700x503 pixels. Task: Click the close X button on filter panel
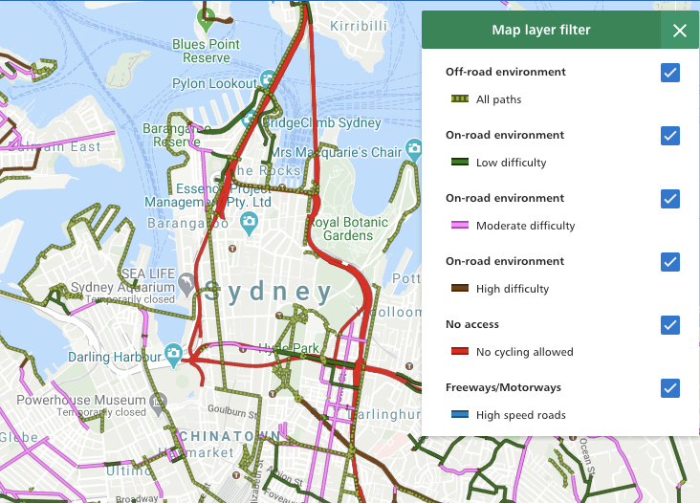[x=679, y=31]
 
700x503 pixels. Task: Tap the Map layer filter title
[x=540, y=30]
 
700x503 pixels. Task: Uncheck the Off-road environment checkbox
[x=669, y=73]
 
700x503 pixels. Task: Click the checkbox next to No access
[x=669, y=325]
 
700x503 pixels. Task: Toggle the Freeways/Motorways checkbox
[x=669, y=388]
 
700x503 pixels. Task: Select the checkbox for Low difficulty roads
[x=669, y=136]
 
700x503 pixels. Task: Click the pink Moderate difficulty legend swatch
[x=459, y=226]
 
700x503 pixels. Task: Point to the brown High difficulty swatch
[x=459, y=289]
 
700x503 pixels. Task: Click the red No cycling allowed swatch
[x=459, y=352]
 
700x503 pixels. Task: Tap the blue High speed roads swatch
[x=459, y=415]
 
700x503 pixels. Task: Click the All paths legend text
[x=498, y=99]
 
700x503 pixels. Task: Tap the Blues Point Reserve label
[x=206, y=51]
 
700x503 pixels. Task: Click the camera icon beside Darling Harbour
[x=173, y=355]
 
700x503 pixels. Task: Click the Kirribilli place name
[x=359, y=26]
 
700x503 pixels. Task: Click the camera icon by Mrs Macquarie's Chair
[x=413, y=149]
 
